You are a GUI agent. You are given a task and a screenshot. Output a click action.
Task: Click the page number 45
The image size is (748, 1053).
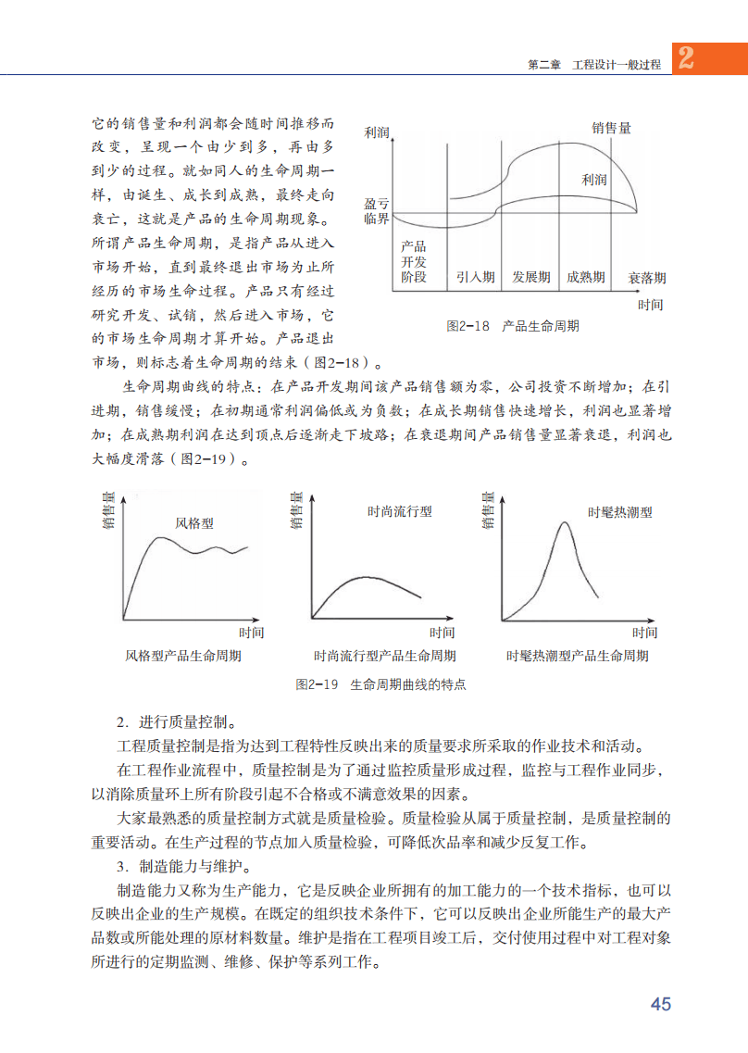pyautogui.click(x=660, y=1004)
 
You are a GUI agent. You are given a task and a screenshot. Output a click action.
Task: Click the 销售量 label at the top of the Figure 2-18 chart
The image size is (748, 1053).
pyautogui.click(x=612, y=129)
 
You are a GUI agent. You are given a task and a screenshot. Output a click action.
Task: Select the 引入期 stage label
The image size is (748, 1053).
pyautogui.click(x=475, y=277)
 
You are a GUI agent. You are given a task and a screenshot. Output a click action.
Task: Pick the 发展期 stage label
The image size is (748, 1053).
pyautogui.click(x=531, y=277)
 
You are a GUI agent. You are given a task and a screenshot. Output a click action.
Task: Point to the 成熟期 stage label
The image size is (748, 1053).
pyautogui.click(x=586, y=277)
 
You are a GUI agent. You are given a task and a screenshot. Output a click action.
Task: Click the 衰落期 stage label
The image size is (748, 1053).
pyautogui.click(x=647, y=278)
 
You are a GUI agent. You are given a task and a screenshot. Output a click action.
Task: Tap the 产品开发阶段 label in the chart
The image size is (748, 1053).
pyautogui.click(x=414, y=262)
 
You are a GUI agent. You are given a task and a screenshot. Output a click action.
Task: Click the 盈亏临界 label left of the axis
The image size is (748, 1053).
pyautogui.click(x=377, y=210)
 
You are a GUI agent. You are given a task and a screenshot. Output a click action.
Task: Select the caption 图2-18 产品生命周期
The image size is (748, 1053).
pyautogui.click(x=513, y=326)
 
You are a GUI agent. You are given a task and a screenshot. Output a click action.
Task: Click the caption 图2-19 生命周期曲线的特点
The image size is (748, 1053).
pyautogui.click(x=380, y=685)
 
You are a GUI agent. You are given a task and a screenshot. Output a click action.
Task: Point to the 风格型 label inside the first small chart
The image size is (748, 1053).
pyautogui.click(x=194, y=523)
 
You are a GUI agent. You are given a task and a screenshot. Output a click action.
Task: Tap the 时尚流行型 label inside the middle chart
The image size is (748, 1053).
pyautogui.click(x=400, y=511)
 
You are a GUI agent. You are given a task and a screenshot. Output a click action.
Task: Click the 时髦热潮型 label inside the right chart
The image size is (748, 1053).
pyautogui.click(x=620, y=512)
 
